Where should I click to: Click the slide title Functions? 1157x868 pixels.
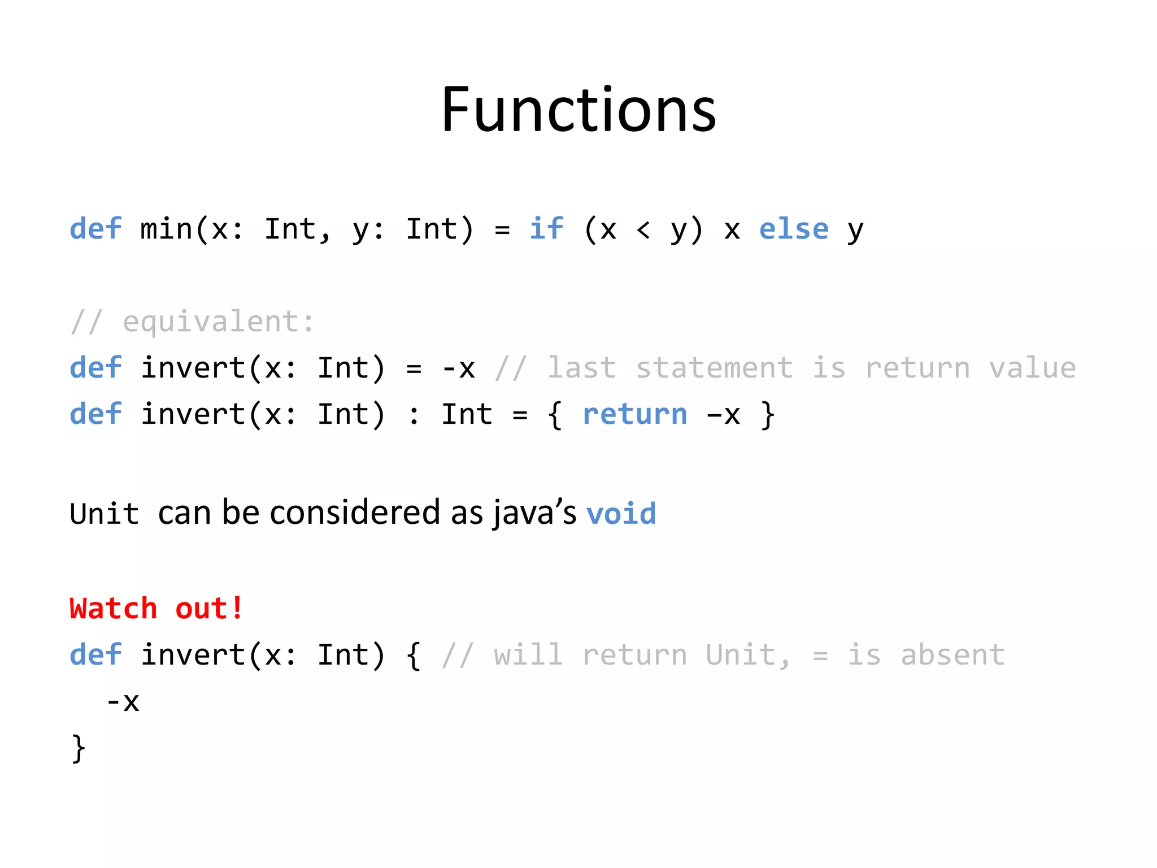(x=578, y=110)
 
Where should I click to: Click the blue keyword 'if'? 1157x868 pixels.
(x=546, y=229)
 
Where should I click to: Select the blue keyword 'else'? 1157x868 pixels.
(x=794, y=229)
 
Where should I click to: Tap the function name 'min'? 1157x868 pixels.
(x=166, y=229)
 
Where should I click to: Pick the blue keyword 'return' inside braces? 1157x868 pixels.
(x=635, y=414)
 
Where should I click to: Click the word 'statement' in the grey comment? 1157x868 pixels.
(x=715, y=368)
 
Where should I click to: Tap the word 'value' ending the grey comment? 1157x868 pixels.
(x=1032, y=368)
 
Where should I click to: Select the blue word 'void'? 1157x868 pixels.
(x=621, y=514)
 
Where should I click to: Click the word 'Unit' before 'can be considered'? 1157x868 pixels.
(x=105, y=514)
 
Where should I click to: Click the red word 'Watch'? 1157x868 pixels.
(x=114, y=609)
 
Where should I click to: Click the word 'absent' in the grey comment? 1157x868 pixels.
(x=953, y=655)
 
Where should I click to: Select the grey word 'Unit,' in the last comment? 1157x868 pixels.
(x=748, y=655)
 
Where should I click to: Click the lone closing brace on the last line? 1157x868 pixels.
(x=79, y=749)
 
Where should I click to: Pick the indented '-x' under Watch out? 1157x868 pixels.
(x=123, y=702)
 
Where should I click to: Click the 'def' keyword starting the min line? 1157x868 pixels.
(x=95, y=229)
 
